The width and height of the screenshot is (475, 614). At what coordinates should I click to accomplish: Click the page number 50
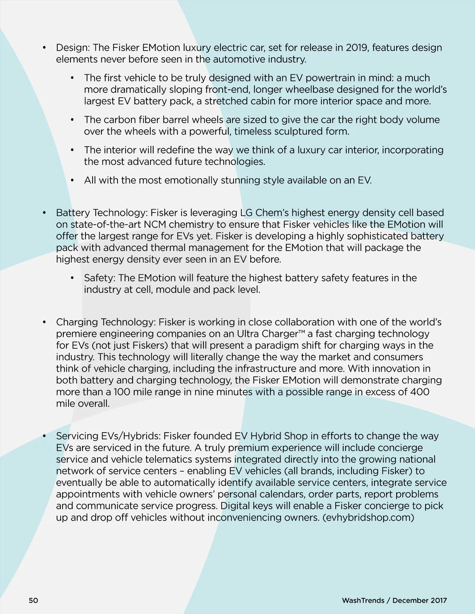(x=33, y=600)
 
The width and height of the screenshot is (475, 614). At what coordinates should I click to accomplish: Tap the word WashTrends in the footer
(x=363, y=600)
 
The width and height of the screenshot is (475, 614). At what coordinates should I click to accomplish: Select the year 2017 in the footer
(x=439, y=600)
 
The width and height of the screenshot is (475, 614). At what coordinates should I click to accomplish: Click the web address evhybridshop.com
(x=369, y=517)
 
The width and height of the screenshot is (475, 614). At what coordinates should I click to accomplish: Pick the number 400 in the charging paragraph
(x=420, y=392)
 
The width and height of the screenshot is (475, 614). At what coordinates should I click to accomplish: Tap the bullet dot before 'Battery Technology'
(x=44, y=213)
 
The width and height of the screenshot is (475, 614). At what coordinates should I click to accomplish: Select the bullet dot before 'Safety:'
(x=72, y=278)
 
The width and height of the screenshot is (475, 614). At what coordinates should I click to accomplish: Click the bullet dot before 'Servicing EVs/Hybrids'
(x=44, y=436)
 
